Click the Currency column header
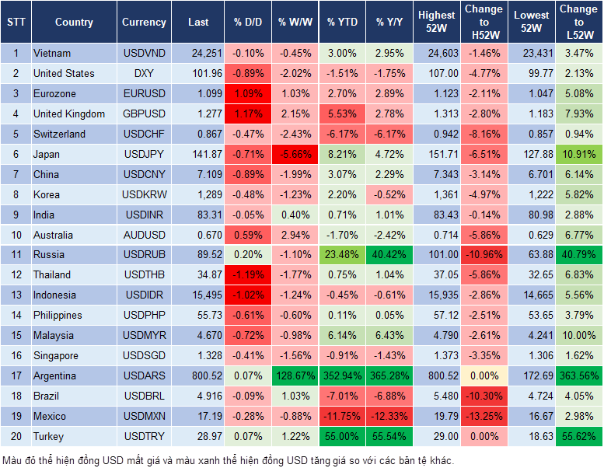pyautogui.click(x=144, y=23)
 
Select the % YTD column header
pyautogui.click(x=342, y=23)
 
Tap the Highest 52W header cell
pyautogui.click(x=436, y=22)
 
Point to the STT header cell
pyautogui.click(x=16, y=23)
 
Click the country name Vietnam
pyautogui.click(x=52, y=53)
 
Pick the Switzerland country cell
pyautogui.click(x=59, y=134)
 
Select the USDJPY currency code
pyautogui.click(x=144, y=154)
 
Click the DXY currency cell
pyautogui.click(x=144, y=73)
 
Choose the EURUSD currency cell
pyautogui.click(x=144, y=93)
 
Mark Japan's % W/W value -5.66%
pyautogui.click(x=295, y=154)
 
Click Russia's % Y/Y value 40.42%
pyautogui.click(x=389, y=254)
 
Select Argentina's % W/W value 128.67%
pyautogui.click(x=294, y=375)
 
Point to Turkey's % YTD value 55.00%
pyautogui.click(x=342, y=436)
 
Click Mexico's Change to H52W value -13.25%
pyautogui.click(x=483, y=416)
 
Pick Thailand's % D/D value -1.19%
pyautogui.click(x=247, y=274)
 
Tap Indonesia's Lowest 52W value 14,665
pyautogui.click(x=532, y=295)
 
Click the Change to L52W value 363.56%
pyautogui.click(x=578, y=375)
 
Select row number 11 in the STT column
pyautogui.click(x=16, y=254)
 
